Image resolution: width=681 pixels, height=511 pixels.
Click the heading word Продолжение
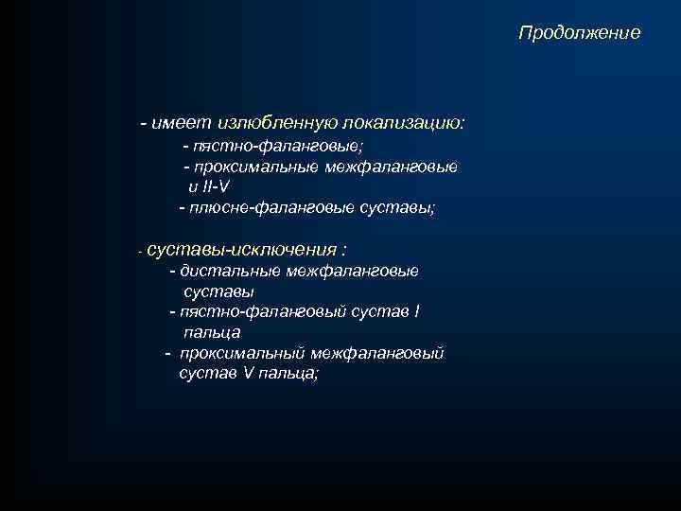(579, 33)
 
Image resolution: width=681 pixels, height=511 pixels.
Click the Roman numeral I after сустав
(417, 311)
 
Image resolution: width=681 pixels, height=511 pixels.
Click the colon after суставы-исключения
(344, 250)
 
